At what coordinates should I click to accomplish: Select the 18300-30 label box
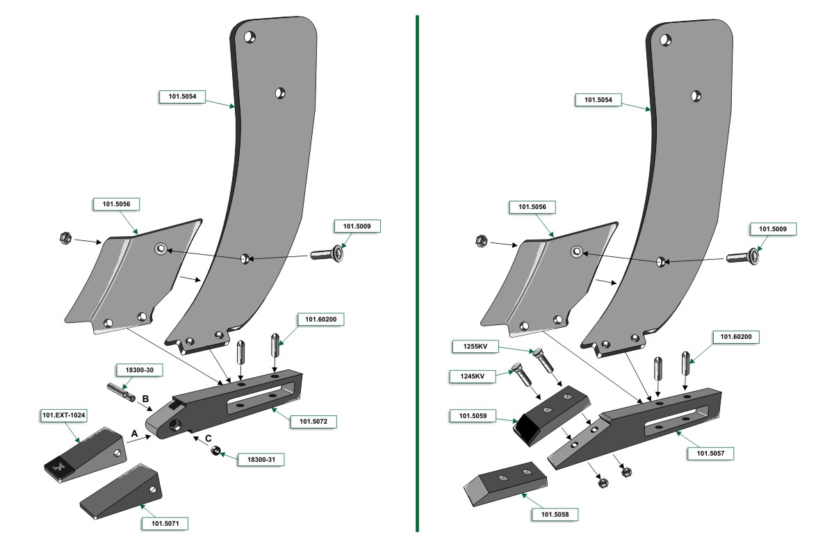pos(134,371)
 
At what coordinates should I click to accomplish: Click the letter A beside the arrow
pos(135,433)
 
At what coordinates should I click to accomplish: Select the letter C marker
pos(208,438)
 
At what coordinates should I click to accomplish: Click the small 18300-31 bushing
pos(216,452)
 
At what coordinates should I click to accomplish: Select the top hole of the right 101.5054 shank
pos(665,40)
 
